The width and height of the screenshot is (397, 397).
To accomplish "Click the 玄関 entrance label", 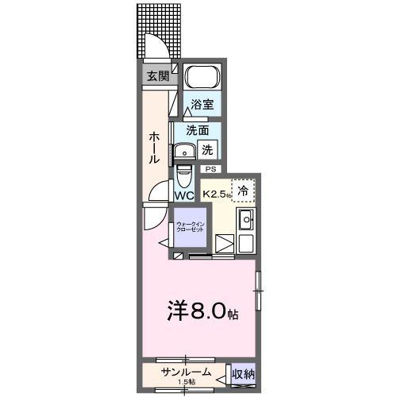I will [157, 76].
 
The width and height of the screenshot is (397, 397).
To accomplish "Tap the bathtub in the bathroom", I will [202, 79].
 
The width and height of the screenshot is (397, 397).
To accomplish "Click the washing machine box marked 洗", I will [206, 148].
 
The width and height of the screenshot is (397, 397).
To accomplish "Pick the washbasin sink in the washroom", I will [185, 150].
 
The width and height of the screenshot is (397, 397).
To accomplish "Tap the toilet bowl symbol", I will [184, 173].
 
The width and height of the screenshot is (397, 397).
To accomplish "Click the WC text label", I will [184, 195].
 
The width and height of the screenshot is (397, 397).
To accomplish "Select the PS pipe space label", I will [210, 169].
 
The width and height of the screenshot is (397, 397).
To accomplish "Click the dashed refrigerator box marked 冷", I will [244, 191].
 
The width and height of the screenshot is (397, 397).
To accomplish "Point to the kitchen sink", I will [246, 220].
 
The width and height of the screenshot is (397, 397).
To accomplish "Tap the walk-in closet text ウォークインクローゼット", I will [189, 226].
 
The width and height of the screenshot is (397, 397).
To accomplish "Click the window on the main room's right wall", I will [256, 291].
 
